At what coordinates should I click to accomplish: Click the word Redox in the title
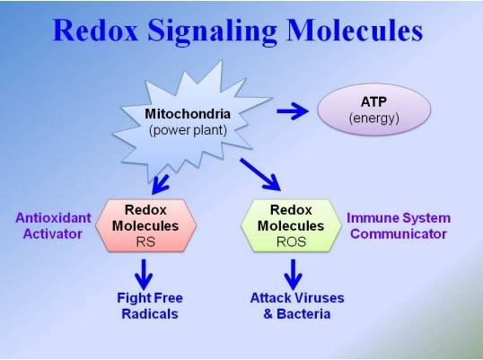click(95, 31)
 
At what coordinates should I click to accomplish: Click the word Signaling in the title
click(212, 32)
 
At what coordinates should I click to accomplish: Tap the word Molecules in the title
click(355, 31)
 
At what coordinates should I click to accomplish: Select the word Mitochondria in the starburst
click(188, 114)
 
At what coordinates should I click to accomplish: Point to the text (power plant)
click(188, 130)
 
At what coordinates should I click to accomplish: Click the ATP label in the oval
click(373, 101)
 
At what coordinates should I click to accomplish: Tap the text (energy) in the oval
click(374, 119)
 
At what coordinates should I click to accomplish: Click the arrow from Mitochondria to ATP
click(293, 111)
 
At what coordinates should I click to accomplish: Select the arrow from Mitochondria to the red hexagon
click(161, 184)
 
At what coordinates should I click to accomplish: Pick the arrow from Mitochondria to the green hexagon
click(260, 174)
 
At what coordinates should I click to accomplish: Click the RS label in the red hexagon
click(145, 242)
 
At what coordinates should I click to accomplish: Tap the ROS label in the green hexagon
click(291, 242)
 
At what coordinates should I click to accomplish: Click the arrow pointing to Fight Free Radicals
click(144, 274)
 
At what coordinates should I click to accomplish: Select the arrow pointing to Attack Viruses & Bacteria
click(293, 274)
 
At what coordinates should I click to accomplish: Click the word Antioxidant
click(53, 218)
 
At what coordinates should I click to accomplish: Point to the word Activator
click(53, 234)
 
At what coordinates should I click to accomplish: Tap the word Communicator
click(399, 234)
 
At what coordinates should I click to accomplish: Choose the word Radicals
click(150, 314)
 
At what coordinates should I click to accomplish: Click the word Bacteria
click(303, 314)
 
